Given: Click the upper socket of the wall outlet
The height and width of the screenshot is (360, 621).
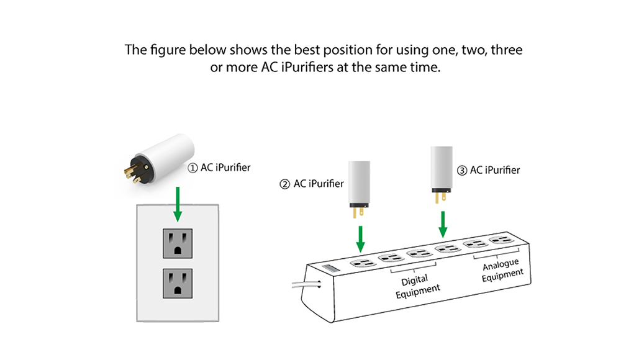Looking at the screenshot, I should (x=177, y=243).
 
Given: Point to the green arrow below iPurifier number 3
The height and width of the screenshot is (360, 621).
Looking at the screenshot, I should (x=443, y=223).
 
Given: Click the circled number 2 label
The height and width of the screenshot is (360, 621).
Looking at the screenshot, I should (x=284, y=184).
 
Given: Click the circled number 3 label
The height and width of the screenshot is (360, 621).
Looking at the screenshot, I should (x=461, y=170).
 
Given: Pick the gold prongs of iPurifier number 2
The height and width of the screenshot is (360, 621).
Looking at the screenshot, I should (x=358, y=211).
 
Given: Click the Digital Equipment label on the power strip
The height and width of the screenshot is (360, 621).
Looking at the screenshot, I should (x=417, y=284).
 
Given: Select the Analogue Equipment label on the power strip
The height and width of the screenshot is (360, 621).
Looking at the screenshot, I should (x=502, y=271).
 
